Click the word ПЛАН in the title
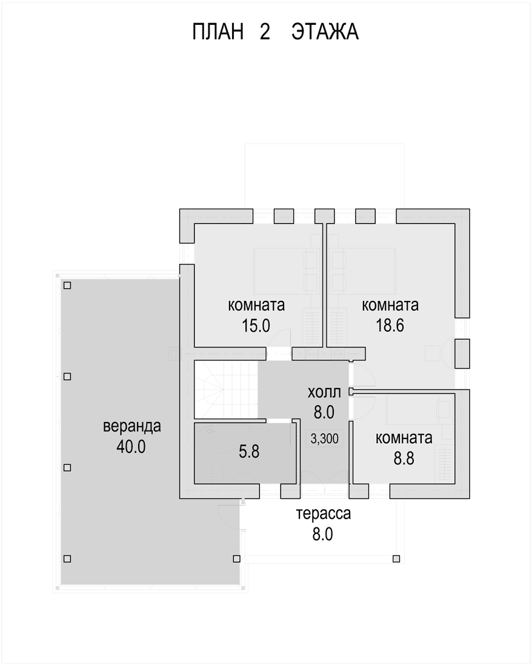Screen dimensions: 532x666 pyautogui.click(x=218, y=32)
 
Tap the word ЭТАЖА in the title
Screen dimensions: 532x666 pyautogui.click(x=325, y=32)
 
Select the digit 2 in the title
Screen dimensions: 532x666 pyautogui.click(x=265, y=32)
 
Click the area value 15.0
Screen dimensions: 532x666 pyautogui.click(x=256, y=326)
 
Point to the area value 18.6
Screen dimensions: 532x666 pyautogui.click(x=390, y=325)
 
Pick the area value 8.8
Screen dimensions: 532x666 pyautogui.click(x=404, y=458)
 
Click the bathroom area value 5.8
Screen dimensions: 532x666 pyautogui.click(x=249, y=452)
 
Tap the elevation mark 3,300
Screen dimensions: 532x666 pyautogui.click(x=325, y=438)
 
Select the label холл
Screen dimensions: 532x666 pyautogui.click(x=324, y=392)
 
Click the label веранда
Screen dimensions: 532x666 pyautogui.click(x=132, y=426)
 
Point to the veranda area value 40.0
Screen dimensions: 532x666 pyautogui.click(x=131, y=446)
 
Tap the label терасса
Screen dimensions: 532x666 pyautogui.click(x=324, y=513)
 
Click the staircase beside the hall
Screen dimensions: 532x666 pyautogui.click(x=226, y=389)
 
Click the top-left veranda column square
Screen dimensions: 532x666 pyautogui.click(x=67, y=285)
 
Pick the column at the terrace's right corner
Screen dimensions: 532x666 pyautogui.click(x=396, y=559)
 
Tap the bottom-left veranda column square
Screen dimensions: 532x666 pyautogui.click(x=67, y=559)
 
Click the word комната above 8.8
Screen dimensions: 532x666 pyautogui.click(x=404, y=438)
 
